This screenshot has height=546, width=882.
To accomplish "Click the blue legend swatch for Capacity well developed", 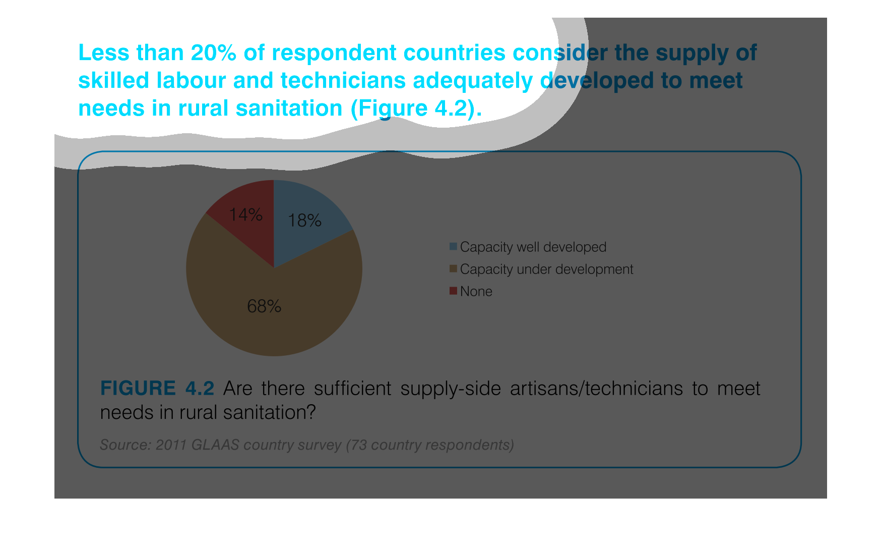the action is tap(453, 247).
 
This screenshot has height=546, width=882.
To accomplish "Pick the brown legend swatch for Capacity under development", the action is tap(453, 269).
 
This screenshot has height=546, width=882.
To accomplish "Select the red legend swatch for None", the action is tap(453, 291).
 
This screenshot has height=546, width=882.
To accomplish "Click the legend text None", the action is tap(476, 292).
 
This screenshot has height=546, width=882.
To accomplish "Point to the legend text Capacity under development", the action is tap(547, 269).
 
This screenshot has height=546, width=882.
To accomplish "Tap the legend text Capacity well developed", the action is tap(533, 247).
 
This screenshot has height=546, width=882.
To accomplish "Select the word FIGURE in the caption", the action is tap(138, 389).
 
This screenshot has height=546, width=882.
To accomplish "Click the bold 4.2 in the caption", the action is tap(200, 389).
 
